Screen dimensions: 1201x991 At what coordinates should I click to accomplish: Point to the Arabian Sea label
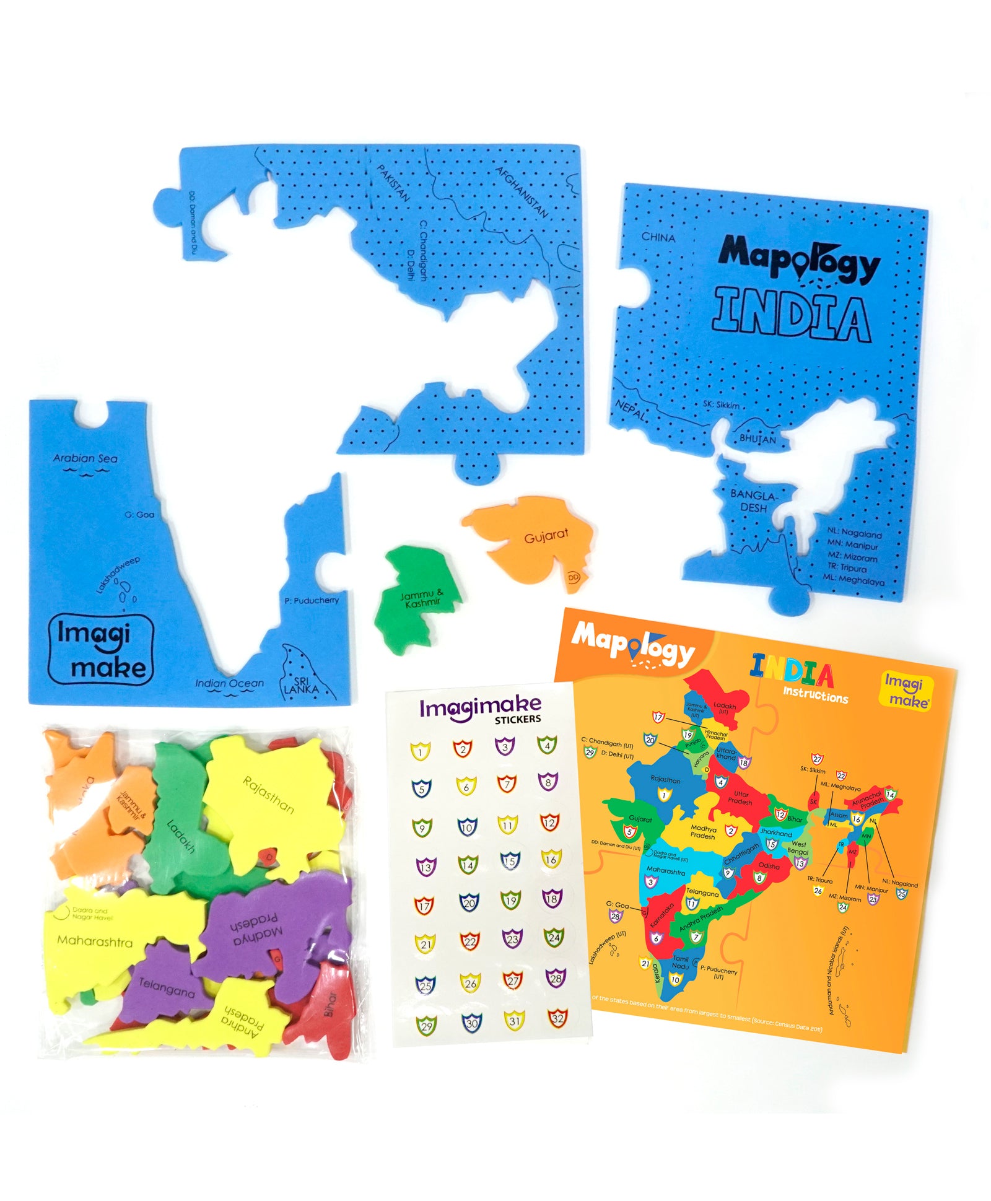pyautogui.click(x=85, y=459)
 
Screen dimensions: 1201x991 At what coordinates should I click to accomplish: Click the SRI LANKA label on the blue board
pyautogui.click(x=301, y=685)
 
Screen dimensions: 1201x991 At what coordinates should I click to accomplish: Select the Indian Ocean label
pyautogui.click(x=229, y=683)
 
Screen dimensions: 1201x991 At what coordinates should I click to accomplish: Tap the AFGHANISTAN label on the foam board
pyautogui.click(x=522, y=192)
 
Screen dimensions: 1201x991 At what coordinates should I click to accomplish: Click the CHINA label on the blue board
pyautogui.click(x=658, y=237)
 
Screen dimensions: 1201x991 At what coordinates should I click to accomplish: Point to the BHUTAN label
pyautogui.click(x=757, y=439)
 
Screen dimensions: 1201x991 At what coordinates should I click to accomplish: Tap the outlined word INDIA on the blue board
pyautogui.click(x=792, y=317)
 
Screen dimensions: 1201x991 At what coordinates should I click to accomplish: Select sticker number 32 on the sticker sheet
pyautogui.click(x=557, y=1017)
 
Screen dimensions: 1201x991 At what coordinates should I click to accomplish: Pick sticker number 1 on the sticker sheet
pyautogui.click(x=421, y=752)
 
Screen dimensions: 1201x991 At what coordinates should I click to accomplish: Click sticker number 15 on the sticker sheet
pyautogui.click(x=509, y=860)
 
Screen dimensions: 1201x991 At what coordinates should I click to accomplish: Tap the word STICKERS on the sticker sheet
pyautogui.click(x=517, y=719)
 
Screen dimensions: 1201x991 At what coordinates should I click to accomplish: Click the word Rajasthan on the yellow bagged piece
pyautogui.click(x=268, y=794)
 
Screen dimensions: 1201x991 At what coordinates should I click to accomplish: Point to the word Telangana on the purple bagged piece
pyautogui.click(x=166, y=987)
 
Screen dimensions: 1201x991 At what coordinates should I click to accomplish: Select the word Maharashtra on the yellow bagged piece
pyautogui.click(x=95, y=941)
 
